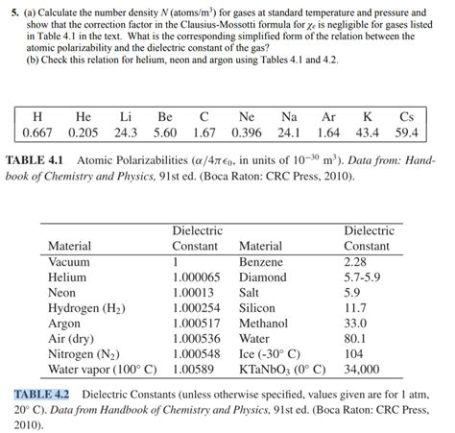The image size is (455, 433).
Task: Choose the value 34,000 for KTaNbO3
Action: (x=361, y=368)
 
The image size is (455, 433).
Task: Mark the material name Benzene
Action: (x=261, y=261)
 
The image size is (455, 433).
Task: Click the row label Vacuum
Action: (x=69, y=261)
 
